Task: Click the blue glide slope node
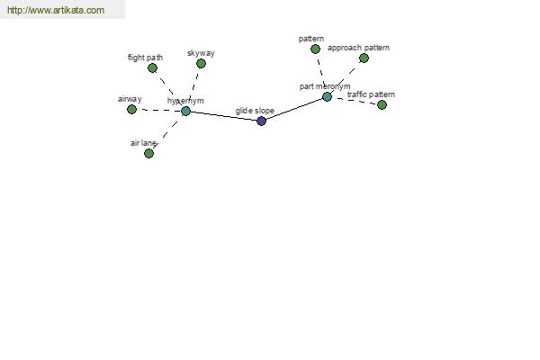pos(261,121)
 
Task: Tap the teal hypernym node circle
pos(185,111)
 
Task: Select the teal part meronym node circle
pos(327,97)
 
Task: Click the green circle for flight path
pos(152,67)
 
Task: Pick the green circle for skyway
pos(201,63)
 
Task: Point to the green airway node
pos(131,109)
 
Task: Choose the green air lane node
pos(148,153)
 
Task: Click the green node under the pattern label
pos(315,49)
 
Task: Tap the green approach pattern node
pos(364,58)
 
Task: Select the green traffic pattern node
pos(382,104)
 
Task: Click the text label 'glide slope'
pos(255,111)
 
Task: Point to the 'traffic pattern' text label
pos(371,94)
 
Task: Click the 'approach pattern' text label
pos(358,48)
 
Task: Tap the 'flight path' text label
pos(145,58)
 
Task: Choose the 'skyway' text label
pos(201,53)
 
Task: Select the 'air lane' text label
pos(143,143)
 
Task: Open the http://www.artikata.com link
pos(56,10)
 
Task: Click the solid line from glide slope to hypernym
pos(223,116)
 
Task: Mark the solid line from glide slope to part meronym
pos(294,109)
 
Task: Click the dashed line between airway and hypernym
pos(158,110)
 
